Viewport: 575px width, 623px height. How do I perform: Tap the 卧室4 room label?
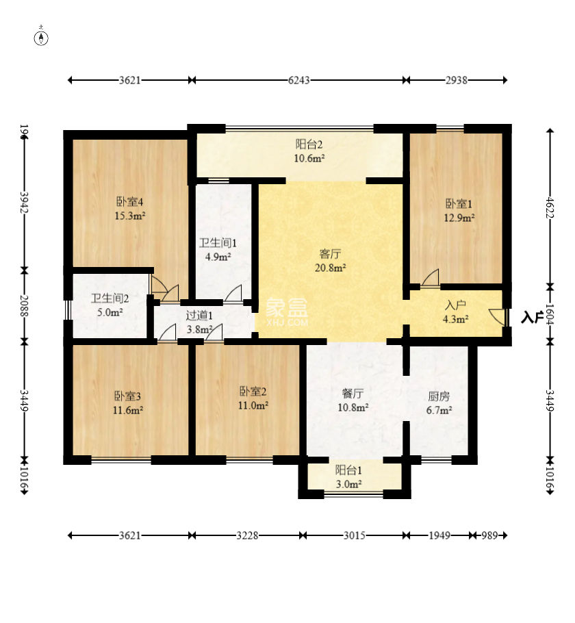[129, 202]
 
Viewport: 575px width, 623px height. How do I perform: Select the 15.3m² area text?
[130, 216]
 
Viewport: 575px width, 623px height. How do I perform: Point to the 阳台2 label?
[309, 144]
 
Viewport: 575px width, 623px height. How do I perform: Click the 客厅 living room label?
[330, 253]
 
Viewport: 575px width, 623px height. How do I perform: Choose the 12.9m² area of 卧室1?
[459, 218]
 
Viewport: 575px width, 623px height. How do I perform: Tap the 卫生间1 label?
[218, 243]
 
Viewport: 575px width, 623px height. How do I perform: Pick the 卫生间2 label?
[110, 298]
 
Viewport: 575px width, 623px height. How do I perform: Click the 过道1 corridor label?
[199, 316]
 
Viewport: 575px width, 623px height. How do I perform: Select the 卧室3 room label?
[127, 396]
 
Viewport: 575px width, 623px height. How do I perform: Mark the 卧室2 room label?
[253, 392]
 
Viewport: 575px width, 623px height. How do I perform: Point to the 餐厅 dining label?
[353, 394]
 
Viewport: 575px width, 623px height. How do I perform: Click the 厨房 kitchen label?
[439, 396]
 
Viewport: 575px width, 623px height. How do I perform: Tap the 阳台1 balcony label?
[348, 470]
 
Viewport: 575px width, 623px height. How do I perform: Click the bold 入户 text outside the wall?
[533, 317]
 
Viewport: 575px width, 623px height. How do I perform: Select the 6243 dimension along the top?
[299, 80]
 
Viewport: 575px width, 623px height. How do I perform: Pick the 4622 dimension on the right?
[550, 207]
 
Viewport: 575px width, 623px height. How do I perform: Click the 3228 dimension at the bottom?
[247, 535]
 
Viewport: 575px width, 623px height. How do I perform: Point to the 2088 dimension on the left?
[25, 305]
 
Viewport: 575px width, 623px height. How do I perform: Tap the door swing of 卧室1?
[431, 277]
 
